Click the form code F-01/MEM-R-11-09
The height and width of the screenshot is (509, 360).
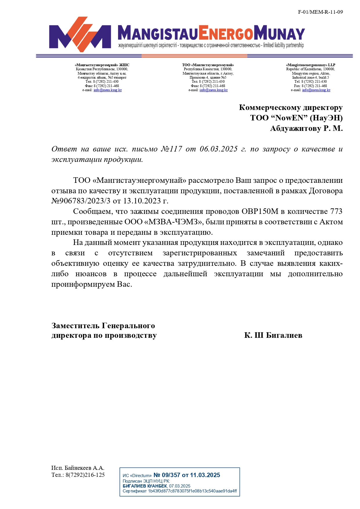point(320,12)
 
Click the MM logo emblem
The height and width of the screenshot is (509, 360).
point(80,35)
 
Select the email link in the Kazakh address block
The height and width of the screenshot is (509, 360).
point(108,90)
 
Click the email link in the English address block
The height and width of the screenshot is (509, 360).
point(316,90)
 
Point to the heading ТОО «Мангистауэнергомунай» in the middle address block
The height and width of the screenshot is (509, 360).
point(208,65)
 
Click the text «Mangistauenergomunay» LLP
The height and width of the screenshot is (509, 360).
point(310,65)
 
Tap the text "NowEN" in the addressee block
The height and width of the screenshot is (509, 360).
point(289,118)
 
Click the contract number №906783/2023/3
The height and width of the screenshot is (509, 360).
point(81,201)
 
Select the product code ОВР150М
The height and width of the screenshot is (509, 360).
point(260,212)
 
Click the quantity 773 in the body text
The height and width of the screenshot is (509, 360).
point(336,212)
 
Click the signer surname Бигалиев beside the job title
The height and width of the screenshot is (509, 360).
point(284,335)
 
